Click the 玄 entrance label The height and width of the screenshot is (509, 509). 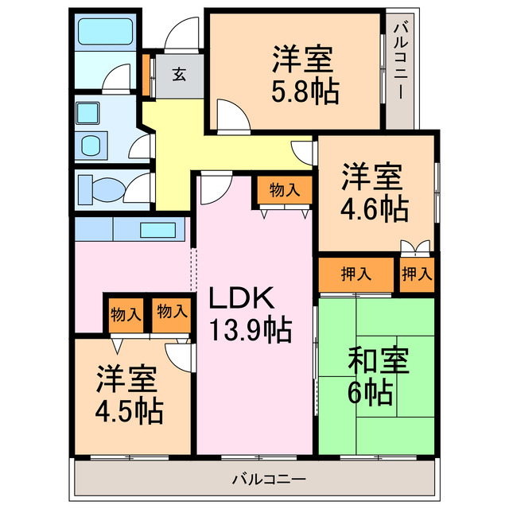click(x=179, y=76)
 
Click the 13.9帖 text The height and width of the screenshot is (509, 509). click(x=250, y=328)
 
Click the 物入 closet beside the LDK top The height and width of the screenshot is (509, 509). click(x=284, y=191)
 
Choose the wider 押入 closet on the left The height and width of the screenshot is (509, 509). click(x=356, y=275)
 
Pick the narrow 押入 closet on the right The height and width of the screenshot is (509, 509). click(x=417, y=275)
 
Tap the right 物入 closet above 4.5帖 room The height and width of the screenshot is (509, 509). click(x=172, y=312)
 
